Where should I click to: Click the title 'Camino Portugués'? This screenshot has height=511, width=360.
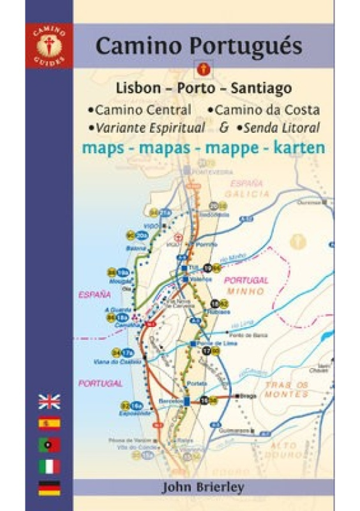click(199, 46)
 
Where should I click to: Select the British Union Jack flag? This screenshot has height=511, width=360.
click(49, 402)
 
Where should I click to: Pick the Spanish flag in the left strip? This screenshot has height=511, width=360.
click(49, 423)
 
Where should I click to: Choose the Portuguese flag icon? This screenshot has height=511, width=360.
click(49, 445)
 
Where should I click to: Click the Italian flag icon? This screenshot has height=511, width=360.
click(49, 466)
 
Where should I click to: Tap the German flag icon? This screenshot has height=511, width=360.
click(49, 488)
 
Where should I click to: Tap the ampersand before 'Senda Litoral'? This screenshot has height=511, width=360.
click(224, 126)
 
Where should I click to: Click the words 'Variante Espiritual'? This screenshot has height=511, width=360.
click(149, 127)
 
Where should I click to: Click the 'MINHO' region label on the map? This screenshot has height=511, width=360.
click(246, 291)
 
